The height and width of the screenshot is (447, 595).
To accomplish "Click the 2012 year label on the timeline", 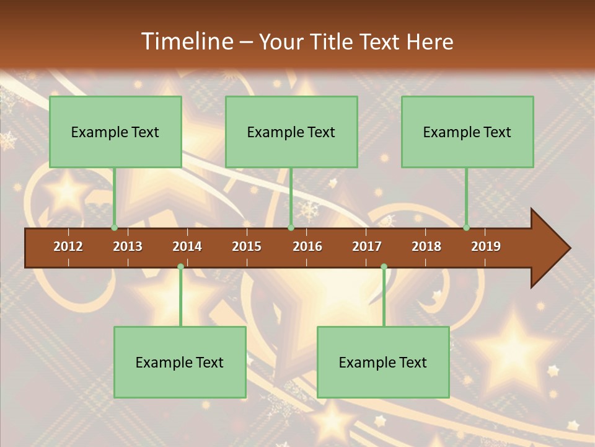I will click(x=68, y=246).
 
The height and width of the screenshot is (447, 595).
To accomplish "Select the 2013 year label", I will click(x=128, y=246).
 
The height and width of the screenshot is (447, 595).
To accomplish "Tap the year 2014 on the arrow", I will click(x=187, y=246).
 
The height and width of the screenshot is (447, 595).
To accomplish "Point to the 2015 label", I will click(x=247, y=246).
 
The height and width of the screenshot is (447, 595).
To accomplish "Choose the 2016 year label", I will click(x=307, y=246).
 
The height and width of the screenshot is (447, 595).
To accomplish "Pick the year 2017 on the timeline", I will click(x=367, y=246).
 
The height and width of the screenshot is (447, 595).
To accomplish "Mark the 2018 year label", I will click(x=426, y=246).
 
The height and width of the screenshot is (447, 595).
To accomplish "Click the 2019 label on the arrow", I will click(x=486, y=246).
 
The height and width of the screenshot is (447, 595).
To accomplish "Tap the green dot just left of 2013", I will click(x=114, y=227).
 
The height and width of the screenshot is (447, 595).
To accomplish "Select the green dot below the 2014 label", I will click(x=180, y=267).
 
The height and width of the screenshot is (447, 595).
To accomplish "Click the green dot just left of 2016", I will click(x=291, y=227).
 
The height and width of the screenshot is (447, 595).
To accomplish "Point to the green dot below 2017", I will click(x=384, y=267).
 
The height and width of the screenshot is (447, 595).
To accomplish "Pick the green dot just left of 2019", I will click(x=467, y=227).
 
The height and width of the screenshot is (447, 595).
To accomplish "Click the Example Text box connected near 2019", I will click(x=467, y=132).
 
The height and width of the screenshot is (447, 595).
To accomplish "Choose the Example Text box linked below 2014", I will click(x=180, y=362).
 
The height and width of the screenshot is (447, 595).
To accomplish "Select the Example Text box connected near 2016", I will click(x=291, y=132).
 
